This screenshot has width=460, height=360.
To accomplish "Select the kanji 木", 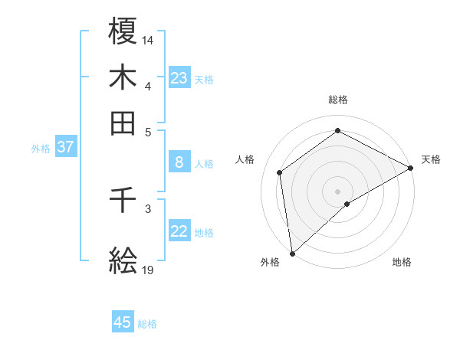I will point(123,77).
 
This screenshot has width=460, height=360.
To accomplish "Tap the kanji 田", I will point(123,123).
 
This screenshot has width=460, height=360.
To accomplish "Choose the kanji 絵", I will point(123,261).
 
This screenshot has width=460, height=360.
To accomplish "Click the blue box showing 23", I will point(179,78).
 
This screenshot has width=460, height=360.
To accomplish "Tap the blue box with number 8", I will point(179,162).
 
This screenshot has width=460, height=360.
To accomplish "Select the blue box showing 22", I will point(179,232).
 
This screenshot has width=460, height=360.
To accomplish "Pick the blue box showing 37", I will point(65,148).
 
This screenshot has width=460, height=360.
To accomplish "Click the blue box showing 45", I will point(123,322).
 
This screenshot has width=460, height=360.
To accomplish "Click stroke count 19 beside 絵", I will point(148,270).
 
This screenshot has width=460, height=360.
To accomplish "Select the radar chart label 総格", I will point(338,100).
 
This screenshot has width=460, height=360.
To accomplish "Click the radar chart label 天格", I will point(431,159).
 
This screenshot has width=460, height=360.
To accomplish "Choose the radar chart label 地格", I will point(402,263).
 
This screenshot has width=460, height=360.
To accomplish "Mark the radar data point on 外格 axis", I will point(292,254).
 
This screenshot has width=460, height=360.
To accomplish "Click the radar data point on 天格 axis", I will point(411,167).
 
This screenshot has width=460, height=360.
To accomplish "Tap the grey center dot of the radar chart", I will point(338,191).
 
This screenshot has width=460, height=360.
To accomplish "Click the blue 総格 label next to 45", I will point(147,324).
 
